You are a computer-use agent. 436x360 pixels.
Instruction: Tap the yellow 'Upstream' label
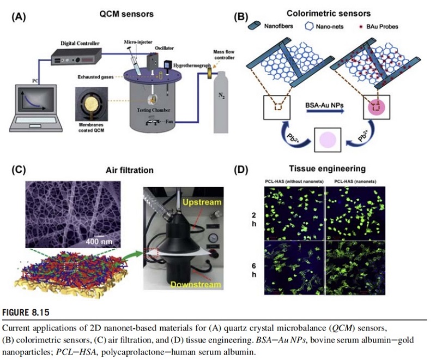(202, 202)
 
